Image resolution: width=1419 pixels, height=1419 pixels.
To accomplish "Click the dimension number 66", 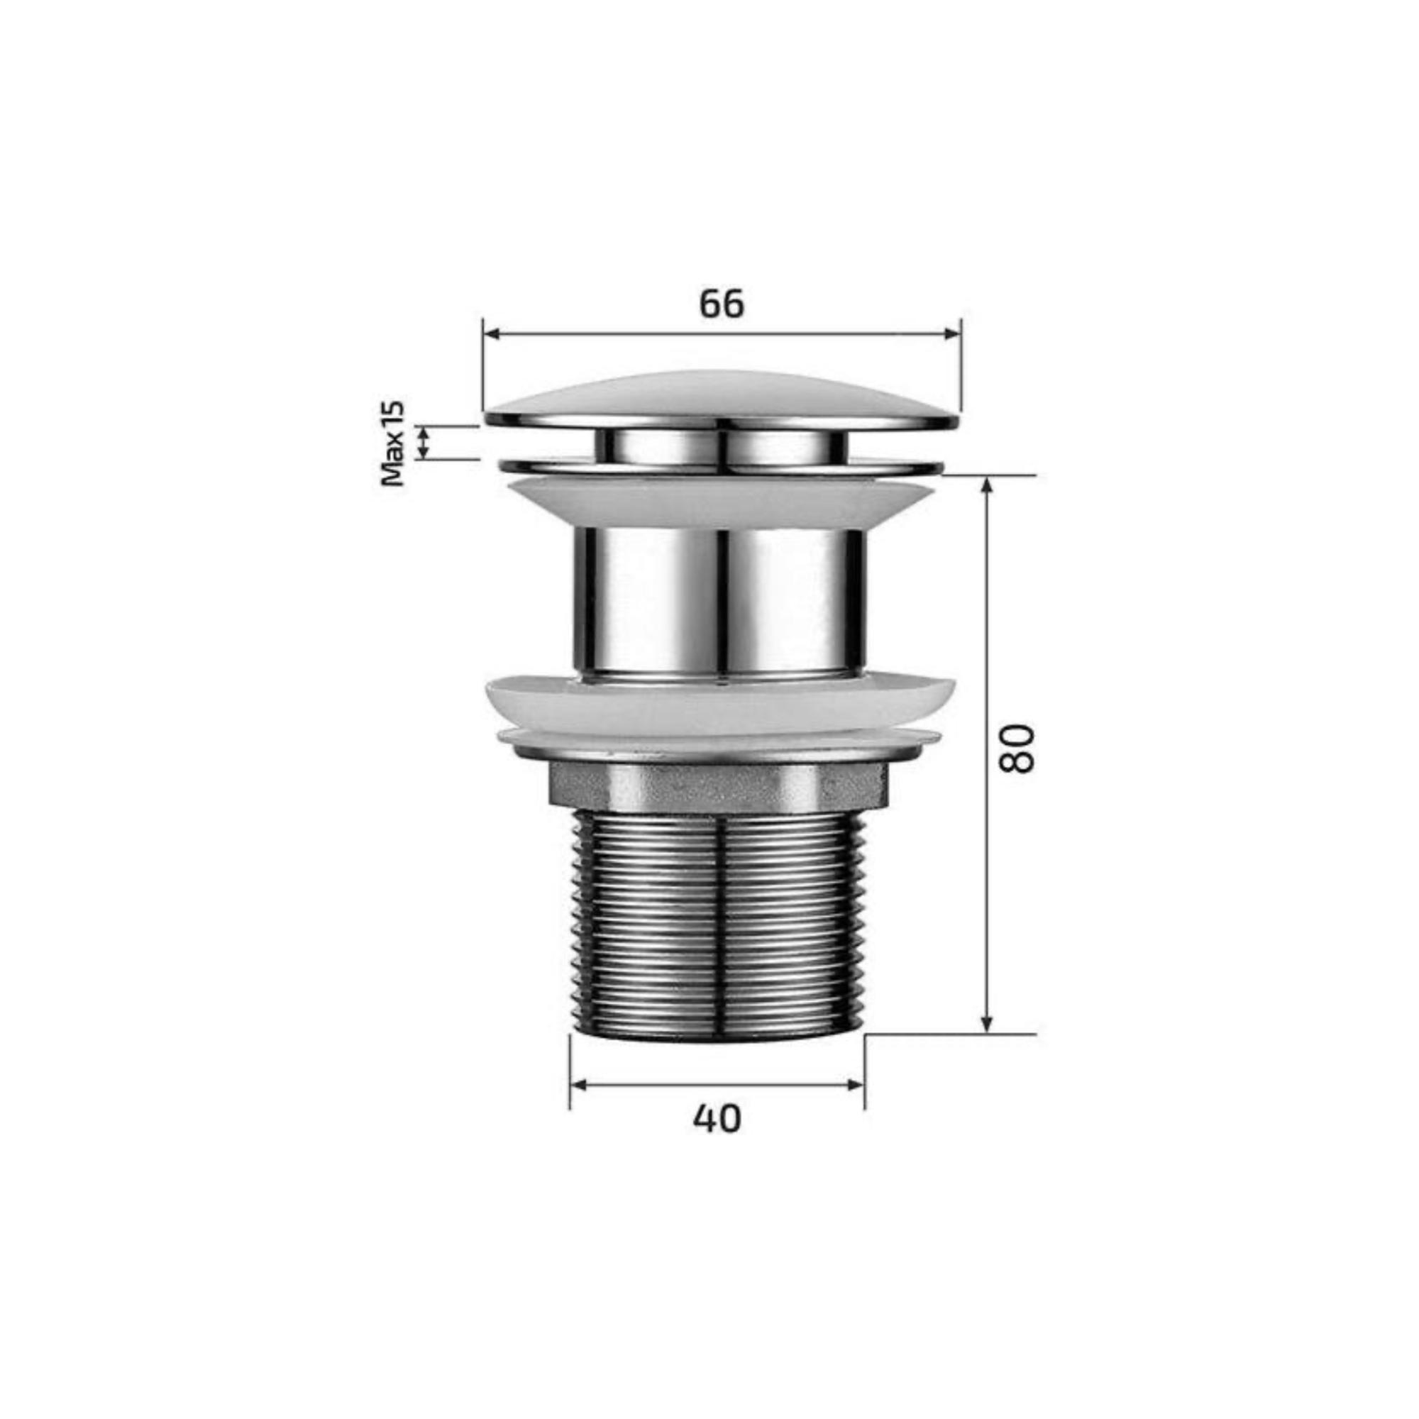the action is click(x=722, y=304).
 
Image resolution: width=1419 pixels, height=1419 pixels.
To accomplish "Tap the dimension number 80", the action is click(x=1017, y=749).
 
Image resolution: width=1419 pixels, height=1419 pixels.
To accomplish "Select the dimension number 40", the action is click(x=717, y=1119).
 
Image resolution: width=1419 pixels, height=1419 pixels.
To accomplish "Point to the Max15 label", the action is click(x=393, y=443).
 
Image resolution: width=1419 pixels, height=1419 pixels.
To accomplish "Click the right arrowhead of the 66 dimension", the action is click(x=952, y=334).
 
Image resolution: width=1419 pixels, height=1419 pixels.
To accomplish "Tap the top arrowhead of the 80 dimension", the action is click(x=987, y=486).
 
